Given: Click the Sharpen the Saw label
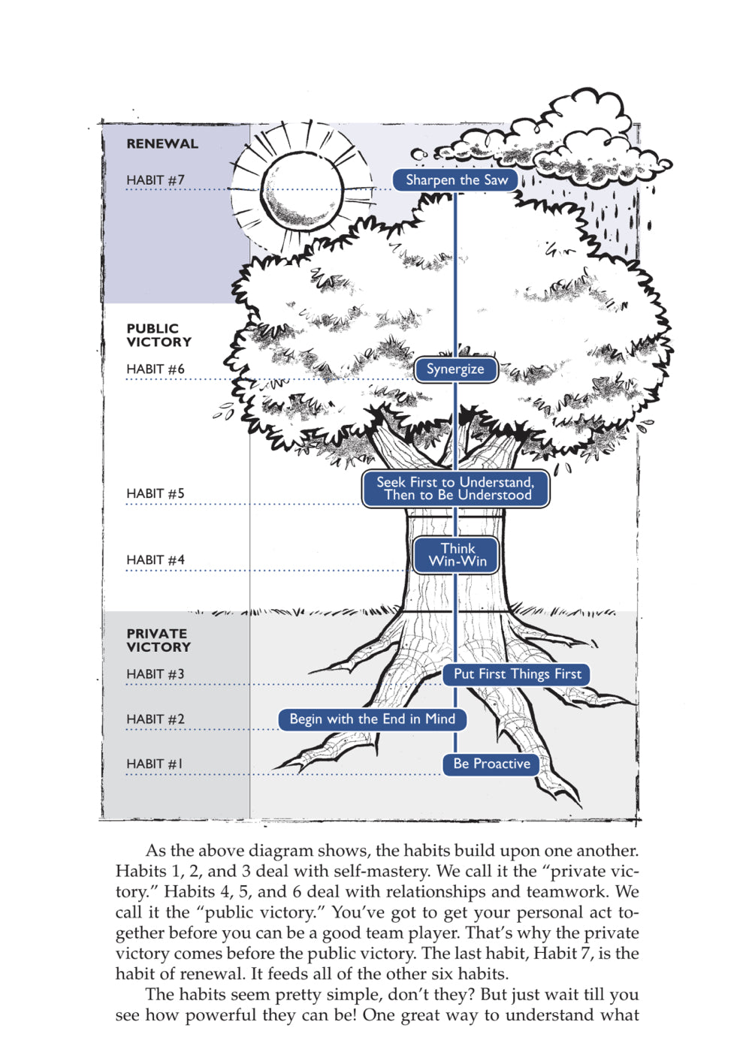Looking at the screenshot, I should (x=456, y=180).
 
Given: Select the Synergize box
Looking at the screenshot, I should (x=455, y=369).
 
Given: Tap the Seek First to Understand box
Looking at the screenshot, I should (x=455, y=489).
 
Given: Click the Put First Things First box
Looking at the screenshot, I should (x=517, y=674).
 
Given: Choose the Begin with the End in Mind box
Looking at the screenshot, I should (x=372, y=719).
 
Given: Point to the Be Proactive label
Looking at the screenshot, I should (x=491, y=764).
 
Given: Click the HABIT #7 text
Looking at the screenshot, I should (x=156, y=180).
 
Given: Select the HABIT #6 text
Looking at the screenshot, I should (x=156, y=369).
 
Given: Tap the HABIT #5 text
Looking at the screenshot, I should (x=156, y=494).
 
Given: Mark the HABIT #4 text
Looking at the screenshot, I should (x=156, y=560).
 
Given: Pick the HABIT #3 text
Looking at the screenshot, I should (x=156, y=674).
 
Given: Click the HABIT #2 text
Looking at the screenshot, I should (x=156, y=719).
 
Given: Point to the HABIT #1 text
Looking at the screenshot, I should (x=155, y=764).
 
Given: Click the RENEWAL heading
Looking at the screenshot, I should (x=162, y=144).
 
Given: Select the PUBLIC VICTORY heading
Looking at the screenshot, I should (x=159, y=336).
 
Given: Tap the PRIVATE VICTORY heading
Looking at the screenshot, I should (x=159, y=641).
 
